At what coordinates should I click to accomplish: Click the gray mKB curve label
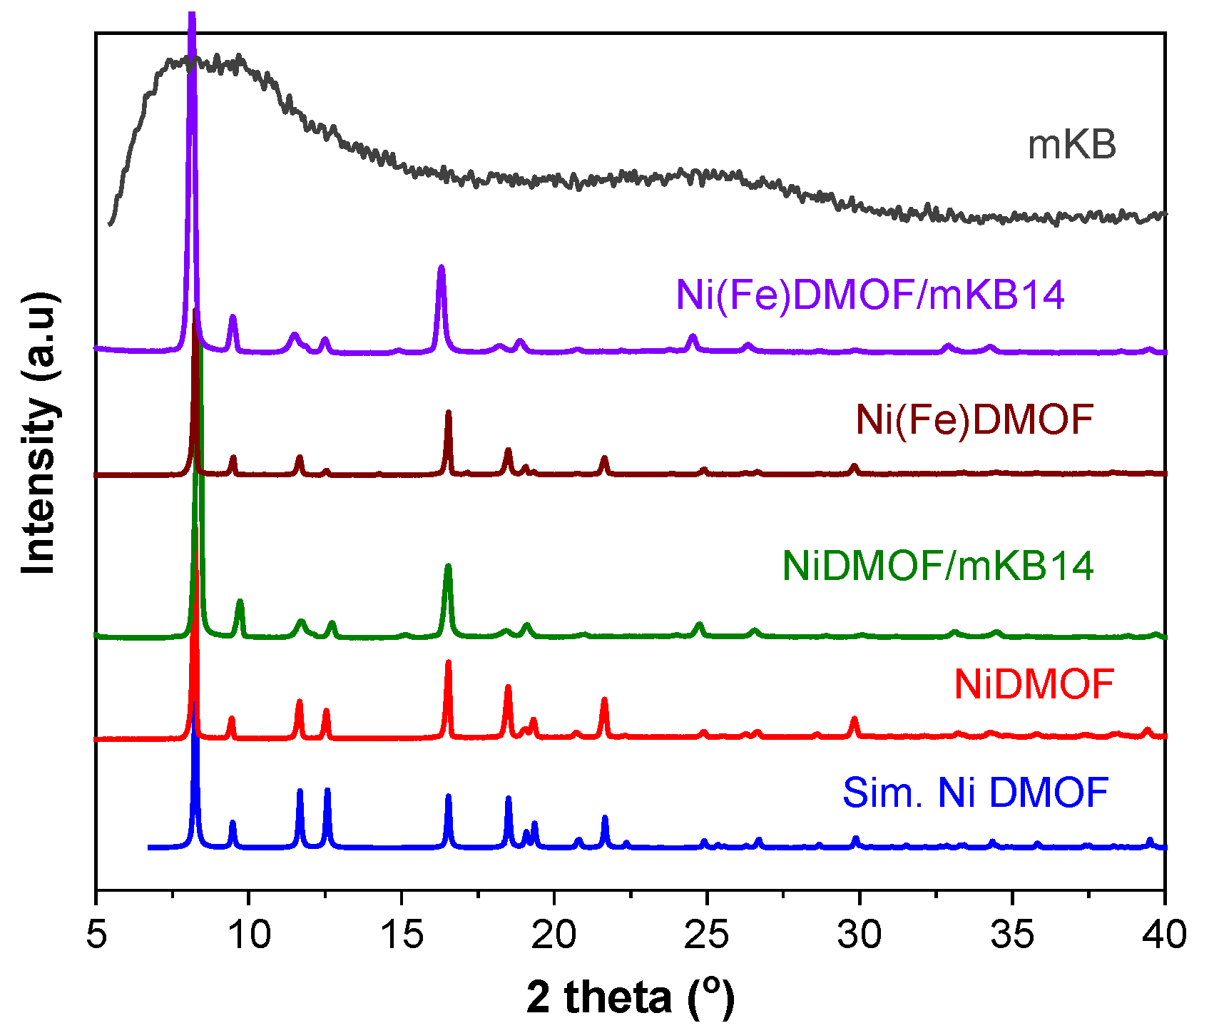point(1071,145)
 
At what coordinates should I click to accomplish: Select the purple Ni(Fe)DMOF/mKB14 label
point(870,295)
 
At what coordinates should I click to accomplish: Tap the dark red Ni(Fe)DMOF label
point(974,419)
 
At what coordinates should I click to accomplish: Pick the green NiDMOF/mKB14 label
point(938,566)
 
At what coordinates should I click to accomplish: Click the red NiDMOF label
point(1034,685)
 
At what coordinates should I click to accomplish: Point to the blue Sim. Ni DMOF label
point(975,793)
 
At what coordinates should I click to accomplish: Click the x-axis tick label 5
point(96,935)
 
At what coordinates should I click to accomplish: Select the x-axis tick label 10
point(249,935)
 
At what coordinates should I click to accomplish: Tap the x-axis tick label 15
point(402,935)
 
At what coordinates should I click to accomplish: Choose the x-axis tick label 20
point(554,935)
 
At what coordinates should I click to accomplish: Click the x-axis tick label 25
point(707,935)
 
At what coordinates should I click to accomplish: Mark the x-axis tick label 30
point(860,935)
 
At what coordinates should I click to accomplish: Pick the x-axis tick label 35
point(1012,935)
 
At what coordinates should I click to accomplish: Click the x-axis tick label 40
point(1164,935)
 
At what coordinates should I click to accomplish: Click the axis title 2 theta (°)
point(631,997)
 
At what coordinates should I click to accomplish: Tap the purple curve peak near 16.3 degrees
point(441,268)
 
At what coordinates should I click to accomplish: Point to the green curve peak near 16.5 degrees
point(448,567)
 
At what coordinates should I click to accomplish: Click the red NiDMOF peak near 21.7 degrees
point(604,701)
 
